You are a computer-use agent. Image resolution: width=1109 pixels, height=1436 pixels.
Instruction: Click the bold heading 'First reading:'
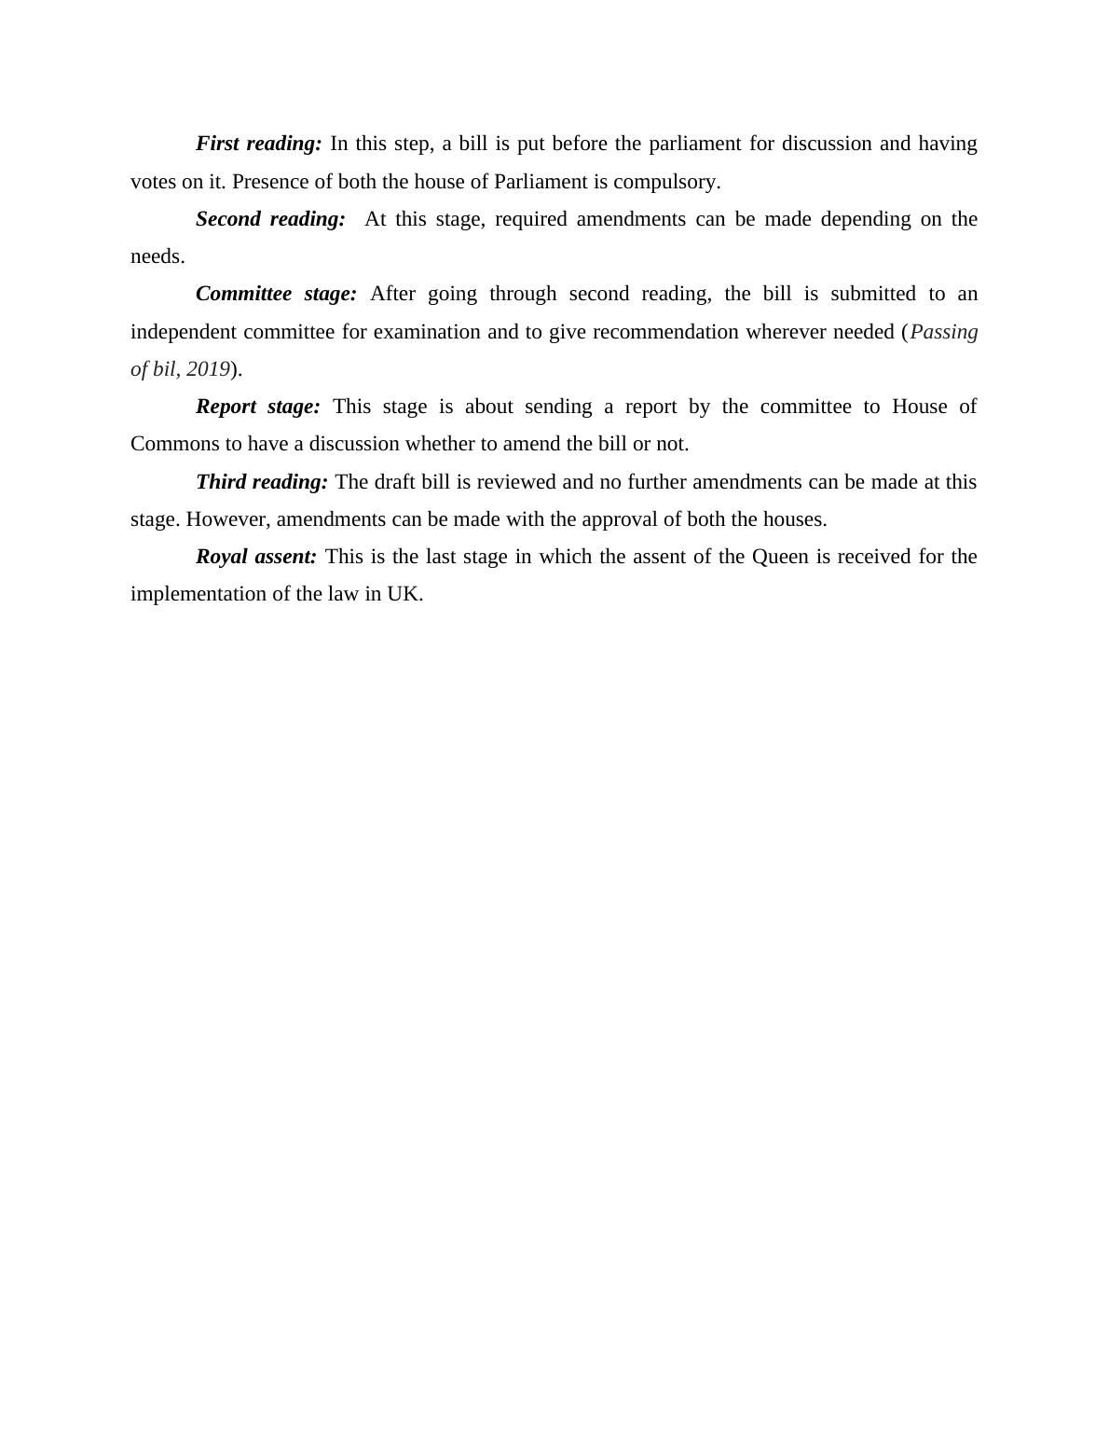258,144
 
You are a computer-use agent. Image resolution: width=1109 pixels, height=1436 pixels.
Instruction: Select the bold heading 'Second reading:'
270,219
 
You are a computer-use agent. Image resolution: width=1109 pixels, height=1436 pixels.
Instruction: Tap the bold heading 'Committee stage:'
276,294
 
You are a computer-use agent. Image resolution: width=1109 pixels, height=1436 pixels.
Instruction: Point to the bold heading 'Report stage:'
257,407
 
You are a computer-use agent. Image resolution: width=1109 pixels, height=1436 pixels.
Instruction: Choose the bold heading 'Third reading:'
262,482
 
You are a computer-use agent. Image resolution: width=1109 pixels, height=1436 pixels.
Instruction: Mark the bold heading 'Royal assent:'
256,557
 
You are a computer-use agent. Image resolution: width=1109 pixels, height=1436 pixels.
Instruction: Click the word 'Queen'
779,557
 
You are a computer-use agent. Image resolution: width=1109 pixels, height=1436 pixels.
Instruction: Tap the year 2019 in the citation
208,369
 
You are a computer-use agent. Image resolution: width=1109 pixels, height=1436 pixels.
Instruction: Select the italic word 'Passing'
943,332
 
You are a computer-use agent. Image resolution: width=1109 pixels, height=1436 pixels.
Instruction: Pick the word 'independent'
184,332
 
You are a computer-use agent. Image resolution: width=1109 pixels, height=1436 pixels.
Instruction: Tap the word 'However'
225,519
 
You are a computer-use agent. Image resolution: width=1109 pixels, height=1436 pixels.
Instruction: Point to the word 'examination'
427,332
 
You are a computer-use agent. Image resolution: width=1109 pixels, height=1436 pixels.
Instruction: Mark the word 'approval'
620,519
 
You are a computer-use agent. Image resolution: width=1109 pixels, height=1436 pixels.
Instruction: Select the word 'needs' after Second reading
156,256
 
